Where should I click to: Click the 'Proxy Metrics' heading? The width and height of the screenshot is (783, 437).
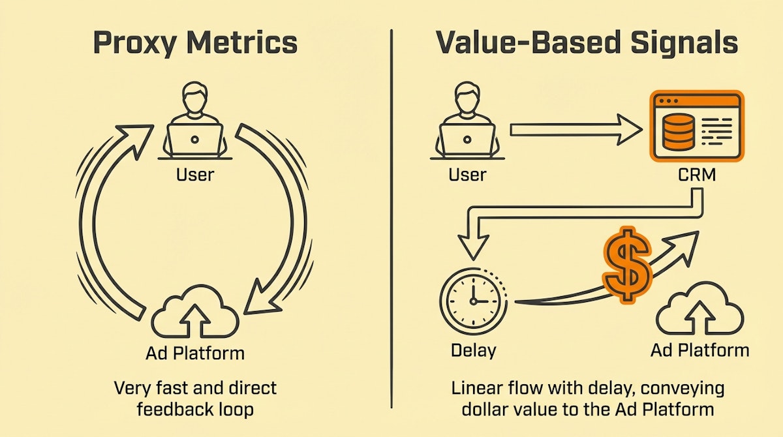(x=195, y=43)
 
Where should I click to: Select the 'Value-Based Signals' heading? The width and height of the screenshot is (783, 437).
(x=587, y=43)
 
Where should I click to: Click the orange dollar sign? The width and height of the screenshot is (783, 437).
(x=626, y=265)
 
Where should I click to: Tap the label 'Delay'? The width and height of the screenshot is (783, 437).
(x=473, y=350)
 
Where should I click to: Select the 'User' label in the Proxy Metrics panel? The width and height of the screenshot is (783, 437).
(x=194, y=174)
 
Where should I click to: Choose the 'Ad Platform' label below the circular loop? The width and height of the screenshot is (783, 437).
(x=194, y=354)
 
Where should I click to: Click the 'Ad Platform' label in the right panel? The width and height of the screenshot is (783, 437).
(x=699, y=350)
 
